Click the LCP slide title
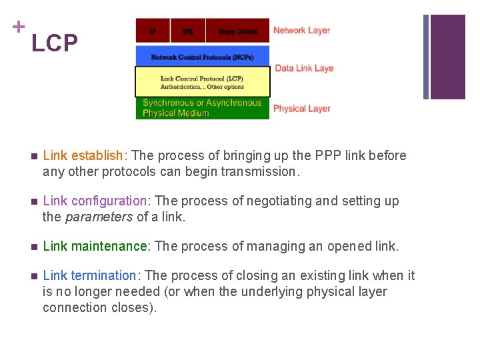(55, 44)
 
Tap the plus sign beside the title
(18, 27)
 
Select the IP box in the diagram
(153, 31)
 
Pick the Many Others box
(237, 31)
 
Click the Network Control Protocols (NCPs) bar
(202, 57)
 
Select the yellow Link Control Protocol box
(202, 82)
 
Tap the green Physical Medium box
(202, 108)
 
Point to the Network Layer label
(301, 31)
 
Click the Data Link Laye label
(303, 68)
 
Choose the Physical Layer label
(301, 109)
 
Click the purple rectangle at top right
(447, 57)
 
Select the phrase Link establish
(83, 156)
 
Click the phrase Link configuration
(95, 201)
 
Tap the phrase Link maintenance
(95, 247)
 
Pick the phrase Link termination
(89, 276)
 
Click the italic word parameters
(99, 217)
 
